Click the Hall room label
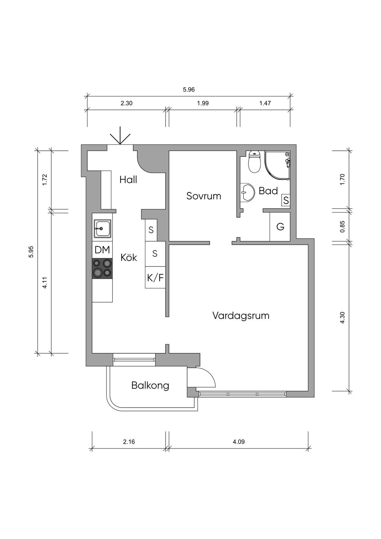pyautogui.click(x=128, y=180)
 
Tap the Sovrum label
pyautogui.click(x=204, y=196)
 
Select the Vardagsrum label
pyautogui.click(x=241, y=316)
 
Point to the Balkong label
pyautogui.click(x=150, y=385)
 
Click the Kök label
pyautogui.click(x=129, y=257)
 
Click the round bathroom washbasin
pyautogui.click(x=246, y=192)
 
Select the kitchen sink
pyautogui.click(x=102, y=228)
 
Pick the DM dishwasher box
pyautogui.click(x=102, y=250)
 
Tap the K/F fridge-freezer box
pyautogui.click(x=155, y=277)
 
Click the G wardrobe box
pyautogui.click(x=280, y=226)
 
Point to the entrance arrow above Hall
pyautogui.click(x=120, y=136)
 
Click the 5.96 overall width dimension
pyautogui.click(x=189, y=90)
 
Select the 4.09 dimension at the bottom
pyautogui.click(x=238, y=442)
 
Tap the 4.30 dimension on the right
pyautogui.click(x=343, y=317)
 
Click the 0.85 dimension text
pyautogui.click(x=343, y=227)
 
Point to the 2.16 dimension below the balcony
pyautogui.click(x=129, y=442)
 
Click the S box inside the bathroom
pyautogui.click(x=286, y=201)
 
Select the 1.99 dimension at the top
pyautogui.click(x=203, y=103)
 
